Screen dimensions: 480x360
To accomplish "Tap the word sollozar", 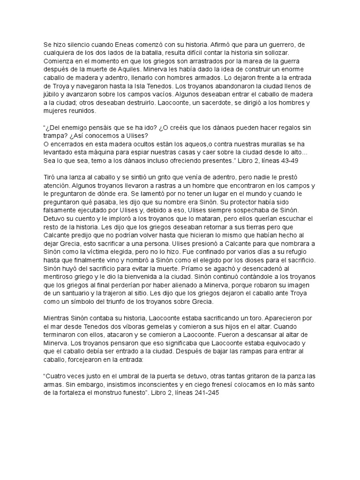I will [x=292, y=53].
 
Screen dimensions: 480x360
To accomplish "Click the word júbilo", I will [x=52, y=95].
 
